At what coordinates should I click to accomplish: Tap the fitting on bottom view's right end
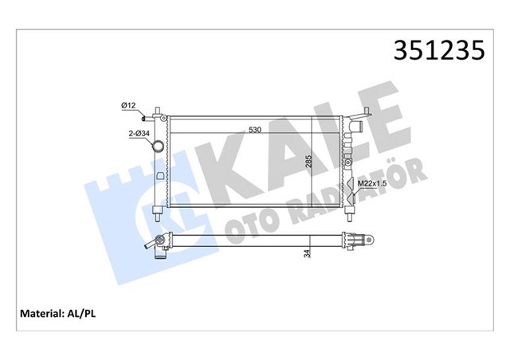tap(358, 238)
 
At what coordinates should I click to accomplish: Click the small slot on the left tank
tap(162, 175)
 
